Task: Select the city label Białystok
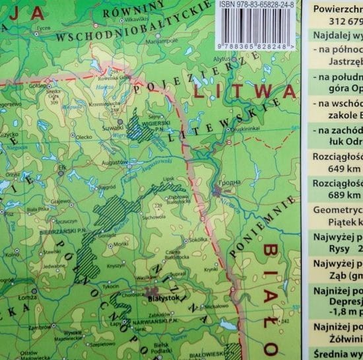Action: (x=167, y=299)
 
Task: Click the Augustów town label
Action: (x=114, y=162)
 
